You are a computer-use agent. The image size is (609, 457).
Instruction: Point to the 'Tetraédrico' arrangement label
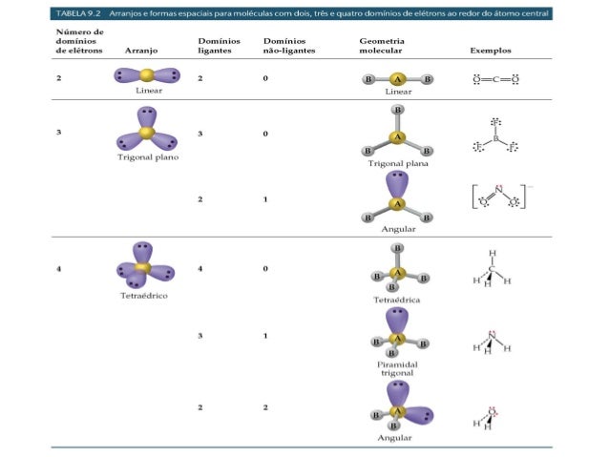pos(145,295)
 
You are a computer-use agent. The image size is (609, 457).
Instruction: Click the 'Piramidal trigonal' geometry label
pos(397,368)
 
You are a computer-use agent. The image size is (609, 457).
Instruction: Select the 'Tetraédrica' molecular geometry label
pos(397,299)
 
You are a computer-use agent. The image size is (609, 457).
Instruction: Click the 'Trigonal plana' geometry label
pos(398,163)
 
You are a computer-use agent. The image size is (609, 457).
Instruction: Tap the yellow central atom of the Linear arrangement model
pos(146,74)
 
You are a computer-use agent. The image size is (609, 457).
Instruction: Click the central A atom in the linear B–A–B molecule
pos(398,79)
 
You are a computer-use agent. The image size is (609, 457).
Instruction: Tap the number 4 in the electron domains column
pos(58,269)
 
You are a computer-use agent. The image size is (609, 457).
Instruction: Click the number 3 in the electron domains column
pos(58,132)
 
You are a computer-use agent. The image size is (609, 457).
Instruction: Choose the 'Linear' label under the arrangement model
pos(148,91)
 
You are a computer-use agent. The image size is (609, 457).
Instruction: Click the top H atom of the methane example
pos(492,254)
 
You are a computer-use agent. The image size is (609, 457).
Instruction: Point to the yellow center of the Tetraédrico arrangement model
pos(144,268)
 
